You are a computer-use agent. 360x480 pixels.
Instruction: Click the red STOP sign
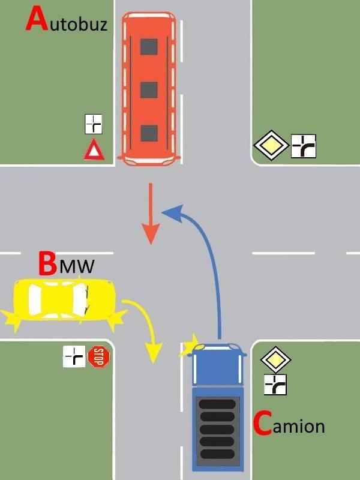[x=100, y=357]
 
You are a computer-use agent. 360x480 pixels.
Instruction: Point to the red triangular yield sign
[x=93, y=149]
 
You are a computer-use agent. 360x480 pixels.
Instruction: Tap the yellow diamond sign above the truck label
[x=275, y=361]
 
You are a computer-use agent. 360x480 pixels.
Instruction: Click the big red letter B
[x=47, y=263]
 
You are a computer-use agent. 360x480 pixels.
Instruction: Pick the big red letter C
[x=262, y=424]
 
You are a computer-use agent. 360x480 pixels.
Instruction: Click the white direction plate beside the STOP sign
[x=74, y=357]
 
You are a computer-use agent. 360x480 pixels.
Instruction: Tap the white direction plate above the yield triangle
[x=93, y=124]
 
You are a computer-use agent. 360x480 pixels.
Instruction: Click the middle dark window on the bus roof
[x=149, y=89]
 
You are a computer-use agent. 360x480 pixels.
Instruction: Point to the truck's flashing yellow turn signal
[x=191, y=346]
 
